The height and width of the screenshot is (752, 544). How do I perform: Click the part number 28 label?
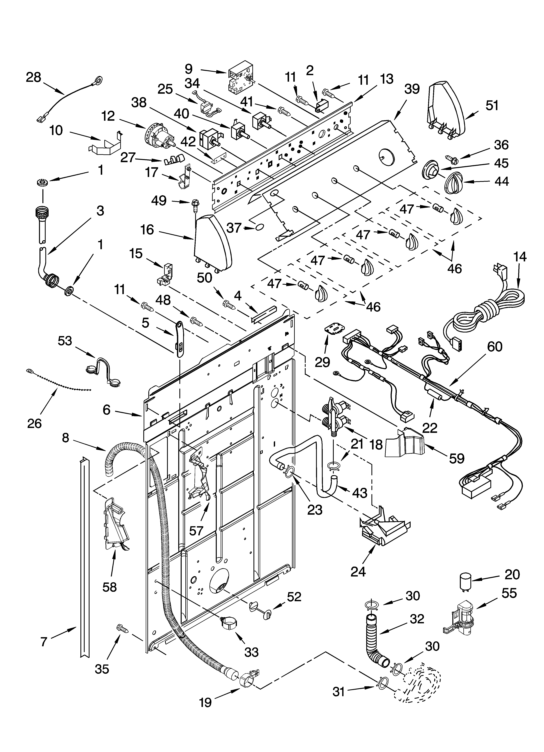click(x=33, y=78)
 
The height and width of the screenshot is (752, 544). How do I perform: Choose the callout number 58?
click(x=110, y=587)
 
